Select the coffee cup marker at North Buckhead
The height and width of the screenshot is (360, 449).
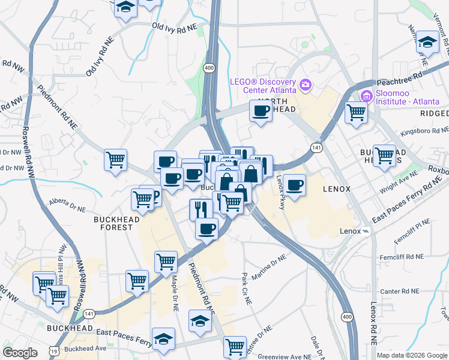pyautogui.click(x=261, y=111)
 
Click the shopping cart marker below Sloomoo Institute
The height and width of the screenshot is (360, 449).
pyautogui.click(x=357, y=112)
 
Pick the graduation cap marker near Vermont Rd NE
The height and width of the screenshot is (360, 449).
pyautogui.click(x=427, y=43)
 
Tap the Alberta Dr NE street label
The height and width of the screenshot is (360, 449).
pyautogui.click(x=71, y=204)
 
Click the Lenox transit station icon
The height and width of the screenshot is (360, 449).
pyautogui.click(x=366, y=232)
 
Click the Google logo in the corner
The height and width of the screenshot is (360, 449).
pyautogui.click(x=20, y=353)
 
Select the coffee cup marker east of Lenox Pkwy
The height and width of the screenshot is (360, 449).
pyautogui.click(x=294, y=185)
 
